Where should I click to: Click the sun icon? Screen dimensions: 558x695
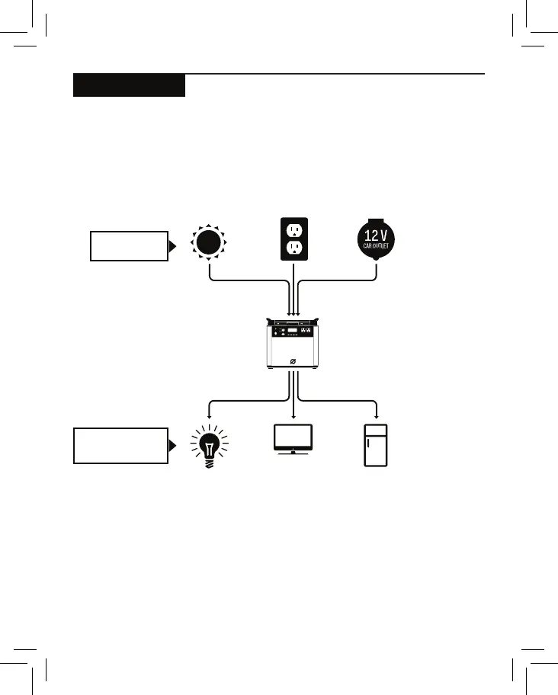click(x=210, y=242)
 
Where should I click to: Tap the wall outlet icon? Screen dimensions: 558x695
click(x=293, y=239)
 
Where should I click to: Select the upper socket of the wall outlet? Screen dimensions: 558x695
click(x=293, y=229)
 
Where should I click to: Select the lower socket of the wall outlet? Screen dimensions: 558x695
click(x=293, y=250)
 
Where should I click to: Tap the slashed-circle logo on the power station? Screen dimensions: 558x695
click(x=293, y=360)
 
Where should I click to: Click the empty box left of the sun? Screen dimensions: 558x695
click(x=128, y=245)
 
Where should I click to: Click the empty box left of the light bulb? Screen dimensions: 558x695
click(x=119, y=445)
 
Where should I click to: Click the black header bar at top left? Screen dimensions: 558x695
click(x=129, y=85)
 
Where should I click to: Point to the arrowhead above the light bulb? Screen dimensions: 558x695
click(x=210, y=415)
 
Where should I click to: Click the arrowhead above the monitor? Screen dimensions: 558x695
click(x=293, y=415)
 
